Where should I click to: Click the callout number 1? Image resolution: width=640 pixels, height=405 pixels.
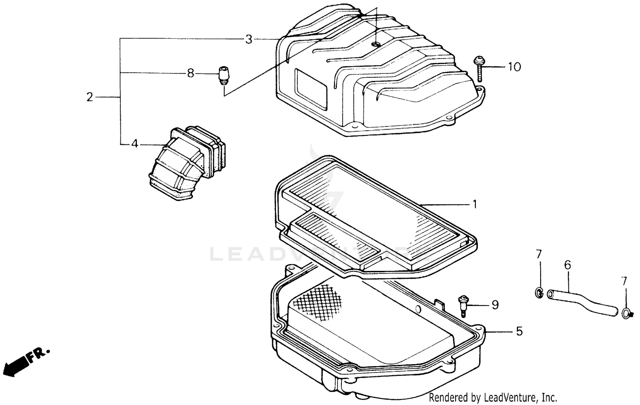click(x=474, y=205)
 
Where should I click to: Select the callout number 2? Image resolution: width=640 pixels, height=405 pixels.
click(x=89, y=97)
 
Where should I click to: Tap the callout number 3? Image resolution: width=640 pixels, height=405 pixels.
click(x=249, y=40)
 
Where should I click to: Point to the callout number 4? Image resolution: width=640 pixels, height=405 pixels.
click(x=134, y=144)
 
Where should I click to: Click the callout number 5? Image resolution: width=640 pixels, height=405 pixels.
click(x=519, y=331)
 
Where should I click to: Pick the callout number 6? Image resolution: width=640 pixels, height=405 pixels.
click(x=567, y=265)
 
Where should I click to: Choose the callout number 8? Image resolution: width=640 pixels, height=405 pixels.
click(x=190, y=73)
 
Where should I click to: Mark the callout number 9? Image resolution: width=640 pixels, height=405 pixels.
click(x=495, y=305)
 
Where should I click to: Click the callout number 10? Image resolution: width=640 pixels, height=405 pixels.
click(x=515, y=67)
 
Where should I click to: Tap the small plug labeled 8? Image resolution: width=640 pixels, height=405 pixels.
click(x=224, y=75)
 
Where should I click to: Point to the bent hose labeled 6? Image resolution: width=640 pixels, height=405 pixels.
click(x=582, y=301)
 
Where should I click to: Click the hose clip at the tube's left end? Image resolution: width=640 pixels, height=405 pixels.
click(x=539, y=293)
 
